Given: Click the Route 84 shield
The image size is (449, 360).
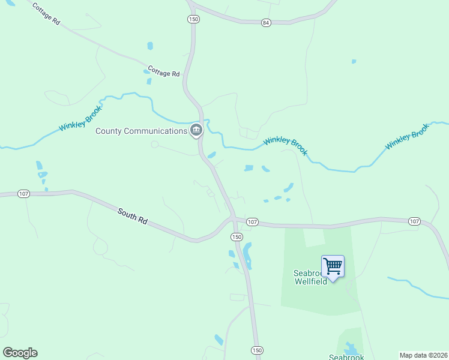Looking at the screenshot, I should click(266, 22).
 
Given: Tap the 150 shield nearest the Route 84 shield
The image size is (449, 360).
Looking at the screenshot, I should click(192, 19).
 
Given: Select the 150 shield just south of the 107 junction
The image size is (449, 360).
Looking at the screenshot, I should click(237, 237).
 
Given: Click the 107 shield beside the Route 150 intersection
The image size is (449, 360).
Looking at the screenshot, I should click(252, 222).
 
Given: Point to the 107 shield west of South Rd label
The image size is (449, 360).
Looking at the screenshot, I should click(23, 194).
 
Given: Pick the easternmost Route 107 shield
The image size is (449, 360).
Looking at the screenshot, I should click(414, 221).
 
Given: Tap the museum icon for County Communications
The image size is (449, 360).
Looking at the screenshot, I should click(196, 130).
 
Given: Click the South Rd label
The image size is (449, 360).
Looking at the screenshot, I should click(133, 216).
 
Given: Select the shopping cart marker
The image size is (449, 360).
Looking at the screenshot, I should click(333, 265).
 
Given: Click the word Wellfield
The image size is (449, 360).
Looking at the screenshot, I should click(310, 281).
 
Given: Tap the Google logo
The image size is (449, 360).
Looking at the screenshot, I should click(20, 353).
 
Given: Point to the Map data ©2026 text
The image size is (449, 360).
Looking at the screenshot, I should click(423, 355).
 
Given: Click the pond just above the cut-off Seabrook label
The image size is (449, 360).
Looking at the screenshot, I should click(350, 348).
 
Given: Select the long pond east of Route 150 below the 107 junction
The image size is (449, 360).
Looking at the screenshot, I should click(247, 255).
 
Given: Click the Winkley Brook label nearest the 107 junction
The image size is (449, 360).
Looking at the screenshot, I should click(286, 144).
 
